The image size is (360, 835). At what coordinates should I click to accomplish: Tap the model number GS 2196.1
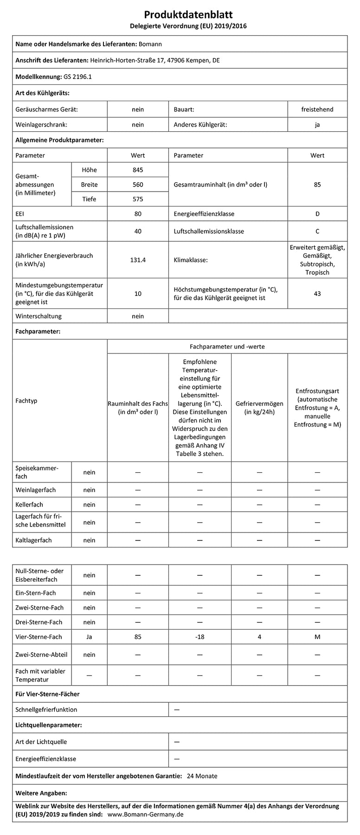click(x=77, y=77)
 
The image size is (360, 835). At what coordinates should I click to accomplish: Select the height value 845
click(x=138, y=170)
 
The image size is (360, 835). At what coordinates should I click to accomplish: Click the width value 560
click(x=138, y=185)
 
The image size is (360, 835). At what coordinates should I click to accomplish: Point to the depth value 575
click(x=138, y=199)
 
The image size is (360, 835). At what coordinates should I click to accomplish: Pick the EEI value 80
click(x=138, y=214)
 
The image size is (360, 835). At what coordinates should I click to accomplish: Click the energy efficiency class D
click(x=317, y=214)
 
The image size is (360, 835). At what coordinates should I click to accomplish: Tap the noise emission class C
click(x=317, y=231)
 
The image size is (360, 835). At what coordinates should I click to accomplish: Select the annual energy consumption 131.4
click(x=138, y=260)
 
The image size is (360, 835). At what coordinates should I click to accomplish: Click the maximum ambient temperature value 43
click(x=317, y=294)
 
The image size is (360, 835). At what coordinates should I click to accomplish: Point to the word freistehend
click(x=317, y=109)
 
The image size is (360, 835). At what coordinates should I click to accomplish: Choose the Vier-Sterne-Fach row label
click(x=39, y=637)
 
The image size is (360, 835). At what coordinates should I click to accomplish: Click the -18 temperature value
click(x=199, y=637)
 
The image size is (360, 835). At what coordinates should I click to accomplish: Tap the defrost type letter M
click(x=317, y=637)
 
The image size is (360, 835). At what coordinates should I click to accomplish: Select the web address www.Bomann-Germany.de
click(x=146, y=815)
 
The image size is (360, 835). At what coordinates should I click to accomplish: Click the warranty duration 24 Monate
click(x=202, y=776)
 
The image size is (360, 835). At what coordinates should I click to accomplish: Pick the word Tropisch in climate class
click(x=317, y=272)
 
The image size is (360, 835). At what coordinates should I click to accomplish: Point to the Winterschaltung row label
click(x=39, y=316)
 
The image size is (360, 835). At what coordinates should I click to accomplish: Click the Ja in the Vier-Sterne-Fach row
click(x=89, y=637)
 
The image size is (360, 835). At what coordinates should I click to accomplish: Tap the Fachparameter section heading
click(x=38, y=332)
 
